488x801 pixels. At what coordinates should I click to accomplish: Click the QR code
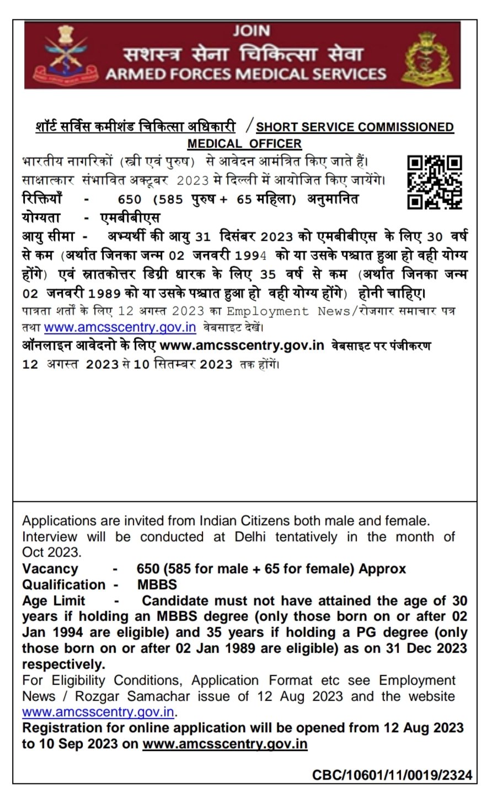pos(434,182)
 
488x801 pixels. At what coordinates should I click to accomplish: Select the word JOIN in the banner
pos(251,31)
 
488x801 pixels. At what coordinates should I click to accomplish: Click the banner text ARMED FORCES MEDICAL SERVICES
pos(245,74)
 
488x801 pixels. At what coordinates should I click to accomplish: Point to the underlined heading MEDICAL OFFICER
pos(244,144)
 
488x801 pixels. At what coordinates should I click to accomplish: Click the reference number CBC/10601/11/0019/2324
pos(392,775)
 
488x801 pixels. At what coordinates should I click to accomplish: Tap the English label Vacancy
pos(50,569)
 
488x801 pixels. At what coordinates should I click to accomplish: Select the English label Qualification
pos(63,585)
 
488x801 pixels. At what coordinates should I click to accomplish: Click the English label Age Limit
pos(53,601)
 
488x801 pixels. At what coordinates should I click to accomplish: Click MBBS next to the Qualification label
pos(157,585)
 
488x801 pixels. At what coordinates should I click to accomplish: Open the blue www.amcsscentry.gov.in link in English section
pos(98,712)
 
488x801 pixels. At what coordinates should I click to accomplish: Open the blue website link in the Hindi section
pos(120,327)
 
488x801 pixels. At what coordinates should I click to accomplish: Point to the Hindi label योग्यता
pos(41,218)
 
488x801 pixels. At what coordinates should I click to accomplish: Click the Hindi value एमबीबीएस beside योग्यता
pos(130,218)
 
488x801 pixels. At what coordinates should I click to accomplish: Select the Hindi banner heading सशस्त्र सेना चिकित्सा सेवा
pos(243,54)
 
